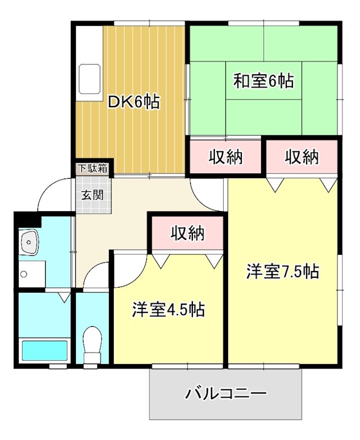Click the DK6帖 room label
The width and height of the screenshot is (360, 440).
134,102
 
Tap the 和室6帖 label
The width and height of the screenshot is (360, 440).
263,81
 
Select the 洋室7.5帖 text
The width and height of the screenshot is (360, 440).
283,272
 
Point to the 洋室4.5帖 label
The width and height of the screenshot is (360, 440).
168,310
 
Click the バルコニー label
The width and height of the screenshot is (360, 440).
225,394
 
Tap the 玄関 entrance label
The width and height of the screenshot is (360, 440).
93,195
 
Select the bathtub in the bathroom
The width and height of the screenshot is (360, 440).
44,351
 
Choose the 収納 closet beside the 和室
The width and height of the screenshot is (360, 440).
225,157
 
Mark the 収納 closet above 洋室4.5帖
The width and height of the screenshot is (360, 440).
187,233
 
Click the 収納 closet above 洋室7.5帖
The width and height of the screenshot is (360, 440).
302,157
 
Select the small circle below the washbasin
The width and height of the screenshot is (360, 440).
24,273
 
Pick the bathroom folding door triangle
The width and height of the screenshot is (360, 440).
65,298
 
